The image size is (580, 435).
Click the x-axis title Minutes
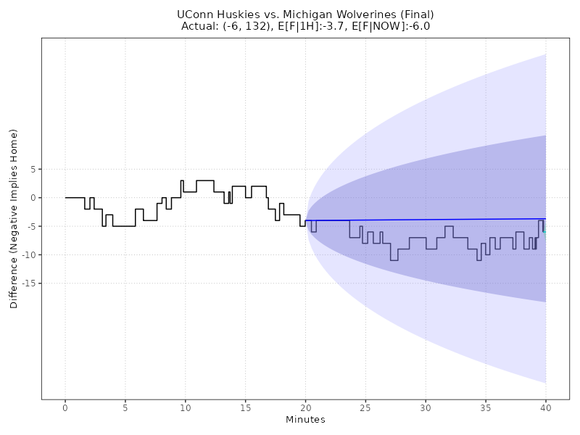tap(305, 420)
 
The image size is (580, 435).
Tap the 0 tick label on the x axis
tap(65, 408)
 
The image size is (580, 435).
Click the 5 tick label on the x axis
tap(125, 408)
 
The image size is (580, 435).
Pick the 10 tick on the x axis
tap(186, 408)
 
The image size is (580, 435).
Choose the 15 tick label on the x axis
tap(246, 408)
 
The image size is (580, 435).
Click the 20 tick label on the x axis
tap(305, 408)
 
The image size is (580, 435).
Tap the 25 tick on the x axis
tap(365, 408)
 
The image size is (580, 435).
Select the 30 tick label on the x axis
tap(426, 408)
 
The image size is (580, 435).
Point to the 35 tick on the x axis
tap(486, 408)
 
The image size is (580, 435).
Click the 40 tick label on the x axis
tap(546, 408)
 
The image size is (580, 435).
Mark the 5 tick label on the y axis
tap(32, 169)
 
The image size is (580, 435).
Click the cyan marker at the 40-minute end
tap(545, 232)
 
